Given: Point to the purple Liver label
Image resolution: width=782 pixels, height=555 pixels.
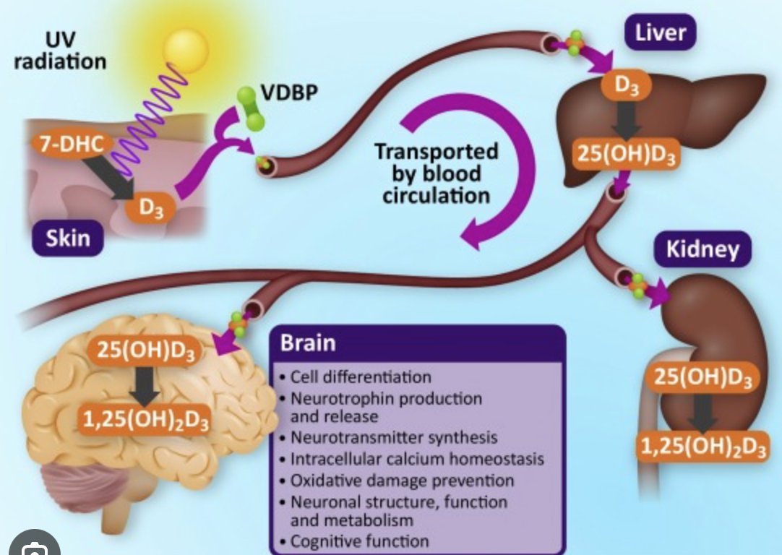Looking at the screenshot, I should [660, 33].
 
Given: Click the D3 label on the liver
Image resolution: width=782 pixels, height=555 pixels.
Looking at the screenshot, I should [626, 86].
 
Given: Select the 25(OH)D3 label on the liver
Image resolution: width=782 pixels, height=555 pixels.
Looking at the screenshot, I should [626, 154].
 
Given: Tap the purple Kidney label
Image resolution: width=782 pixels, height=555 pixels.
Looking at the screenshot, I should [702, 250].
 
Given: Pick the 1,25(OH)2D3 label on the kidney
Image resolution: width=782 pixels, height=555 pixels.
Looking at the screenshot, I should [703, 446].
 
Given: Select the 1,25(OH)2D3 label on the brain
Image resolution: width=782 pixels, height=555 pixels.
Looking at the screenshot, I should [145, 418].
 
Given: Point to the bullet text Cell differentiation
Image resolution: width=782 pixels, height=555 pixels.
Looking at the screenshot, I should [360, 377].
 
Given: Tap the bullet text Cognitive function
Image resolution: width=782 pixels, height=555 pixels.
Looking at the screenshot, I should [359, 541].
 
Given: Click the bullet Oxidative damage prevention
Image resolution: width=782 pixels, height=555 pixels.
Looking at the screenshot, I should [402, 480].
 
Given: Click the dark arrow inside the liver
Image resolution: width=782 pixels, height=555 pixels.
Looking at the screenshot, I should [625, 119].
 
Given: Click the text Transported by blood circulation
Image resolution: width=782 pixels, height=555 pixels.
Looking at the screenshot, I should [436, 173].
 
